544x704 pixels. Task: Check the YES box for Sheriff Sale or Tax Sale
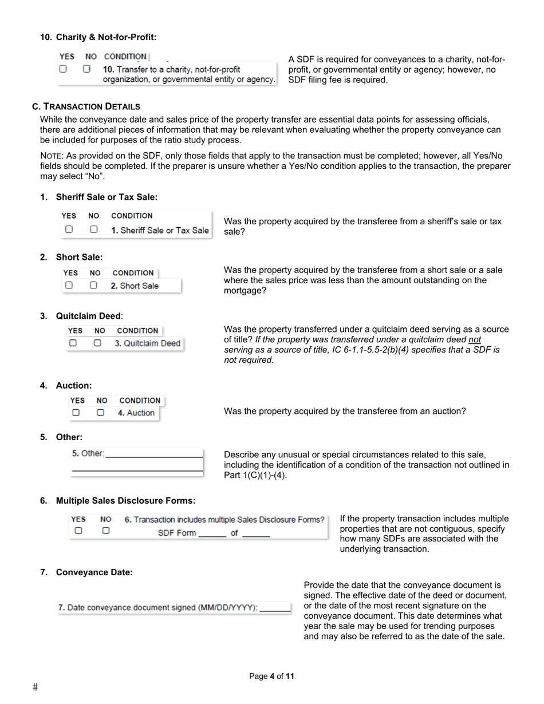click(x=69, y=230)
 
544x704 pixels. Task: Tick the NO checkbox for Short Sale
click(x=93, y=285)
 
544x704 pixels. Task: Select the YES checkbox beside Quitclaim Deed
click(x=73, y=343)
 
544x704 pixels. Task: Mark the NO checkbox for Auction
click(x=100, y=412)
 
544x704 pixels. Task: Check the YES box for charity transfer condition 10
click(x=63, y=69)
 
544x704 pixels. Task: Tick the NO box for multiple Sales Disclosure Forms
click(x=105, y=531)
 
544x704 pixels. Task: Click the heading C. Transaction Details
click(x=86, y=106)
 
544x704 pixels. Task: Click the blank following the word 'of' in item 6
click(x=256, y=533)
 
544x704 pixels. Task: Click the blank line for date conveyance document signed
click(x=275, y=608)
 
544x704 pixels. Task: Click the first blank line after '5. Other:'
click(x=155, y=454)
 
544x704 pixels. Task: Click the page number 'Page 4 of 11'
click(x=271, y=677)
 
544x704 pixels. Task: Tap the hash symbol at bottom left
click(x=35, y=687)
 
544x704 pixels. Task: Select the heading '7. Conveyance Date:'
click(x=94, y=572)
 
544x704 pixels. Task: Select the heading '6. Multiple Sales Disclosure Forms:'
click(x=125, y=501)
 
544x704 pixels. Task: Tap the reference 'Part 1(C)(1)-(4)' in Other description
click(x=255, y=475)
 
